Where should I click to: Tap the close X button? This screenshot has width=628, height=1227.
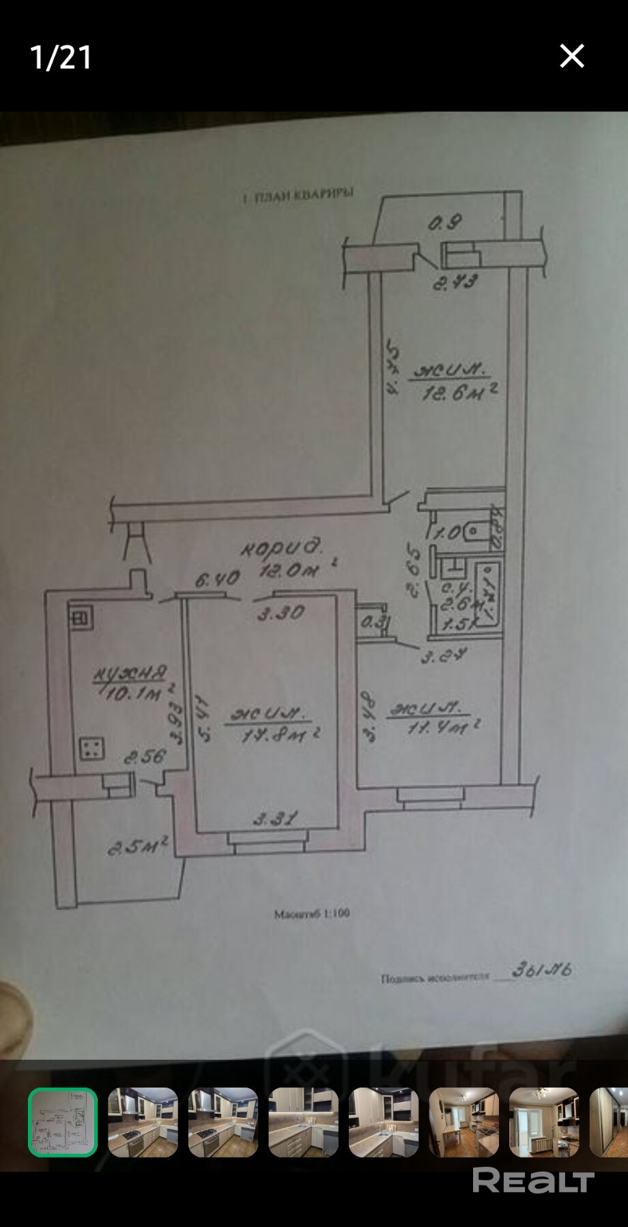coord(571,56)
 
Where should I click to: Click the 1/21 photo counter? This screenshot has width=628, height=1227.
coord(61,57)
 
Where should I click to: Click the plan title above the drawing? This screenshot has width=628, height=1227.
coord(298,196)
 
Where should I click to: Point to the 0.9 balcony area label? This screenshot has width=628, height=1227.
coord(445,222)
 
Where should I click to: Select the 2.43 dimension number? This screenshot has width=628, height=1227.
coord(455,281)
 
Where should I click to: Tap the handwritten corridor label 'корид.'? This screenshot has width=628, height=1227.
coord(281,547)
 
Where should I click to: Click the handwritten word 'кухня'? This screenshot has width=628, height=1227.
coord(130,674)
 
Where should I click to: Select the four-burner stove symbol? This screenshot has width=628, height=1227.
coord(91,748)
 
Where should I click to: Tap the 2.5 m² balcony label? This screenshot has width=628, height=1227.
coord(138,847)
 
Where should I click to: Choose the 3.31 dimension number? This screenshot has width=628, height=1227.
coord(275,818)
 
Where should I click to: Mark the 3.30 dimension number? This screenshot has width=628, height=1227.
coord(281,613)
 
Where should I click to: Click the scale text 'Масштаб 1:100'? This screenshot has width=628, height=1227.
coord(311,913)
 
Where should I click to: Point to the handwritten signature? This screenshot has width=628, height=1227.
coord(541,969)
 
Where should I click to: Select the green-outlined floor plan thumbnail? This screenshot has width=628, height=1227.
coord(63,1122)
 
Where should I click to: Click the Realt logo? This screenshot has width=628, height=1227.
coord(533,1181)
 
